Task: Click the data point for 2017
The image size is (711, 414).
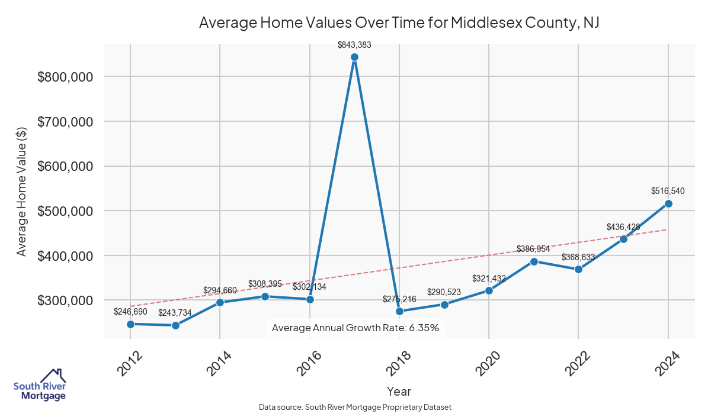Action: (x=354, y=57)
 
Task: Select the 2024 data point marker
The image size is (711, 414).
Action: (x=668, y=203)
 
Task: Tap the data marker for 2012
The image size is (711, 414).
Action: (x=130, y=324)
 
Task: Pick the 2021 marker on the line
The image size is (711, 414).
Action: (x=534, y=261)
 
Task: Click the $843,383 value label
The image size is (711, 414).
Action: (x=354, y=44)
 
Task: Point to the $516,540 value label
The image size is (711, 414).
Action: (x=668, y=191)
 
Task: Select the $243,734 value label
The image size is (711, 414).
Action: (x=175, y=312)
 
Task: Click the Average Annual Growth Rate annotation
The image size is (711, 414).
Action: (x=355, y=328)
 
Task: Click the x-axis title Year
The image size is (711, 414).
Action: (x=399, y=391)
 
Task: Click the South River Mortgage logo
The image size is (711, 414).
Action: (x=40, y=386)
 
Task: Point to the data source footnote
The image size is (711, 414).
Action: (x=355, y=407)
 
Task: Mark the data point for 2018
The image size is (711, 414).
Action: (x=399, y=311)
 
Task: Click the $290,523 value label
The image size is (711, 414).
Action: (x=445, y=292)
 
